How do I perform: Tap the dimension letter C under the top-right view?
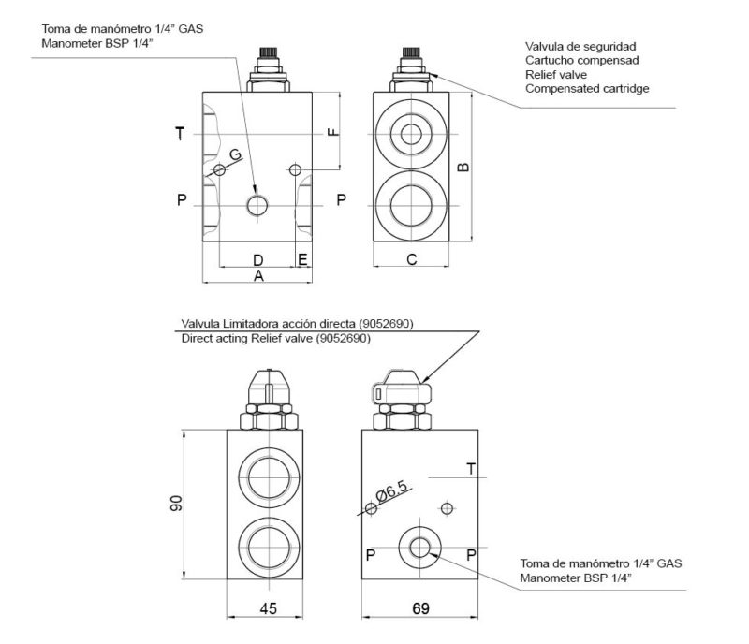412,259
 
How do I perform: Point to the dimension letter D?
258,258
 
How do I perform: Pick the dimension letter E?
301,258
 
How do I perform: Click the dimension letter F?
331,132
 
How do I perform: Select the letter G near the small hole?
235,154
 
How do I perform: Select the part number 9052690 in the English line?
343,339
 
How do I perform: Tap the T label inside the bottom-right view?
470,468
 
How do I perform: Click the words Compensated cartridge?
587,88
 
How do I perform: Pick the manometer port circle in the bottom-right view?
419,548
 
